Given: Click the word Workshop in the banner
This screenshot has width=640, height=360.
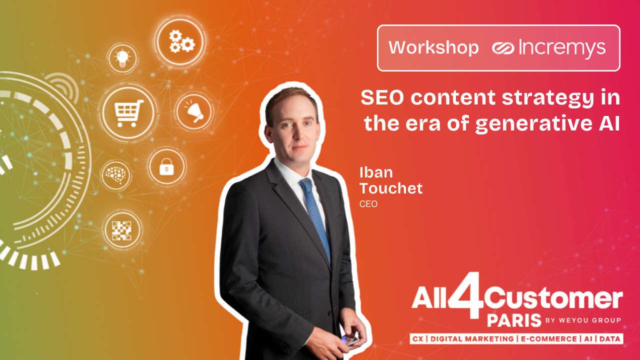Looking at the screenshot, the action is pyautogui.click(x=433, y=47).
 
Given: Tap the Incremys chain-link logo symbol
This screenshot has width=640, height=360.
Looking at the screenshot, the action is pyautogui.click(x=503, y=47).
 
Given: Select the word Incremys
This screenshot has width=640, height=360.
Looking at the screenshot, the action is pyautogui.click(x=562, y=47).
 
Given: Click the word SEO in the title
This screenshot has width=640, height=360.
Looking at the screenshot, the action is pyautogui.click(x=382, y=97).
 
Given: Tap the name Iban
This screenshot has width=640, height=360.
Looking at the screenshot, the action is pyautogui.click(x=376, y=172).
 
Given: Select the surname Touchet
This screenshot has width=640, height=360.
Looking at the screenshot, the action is pyautogui.click(x=391, y=188).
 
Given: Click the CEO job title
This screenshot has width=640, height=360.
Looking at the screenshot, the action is pyautogui.click(x=368, y=204).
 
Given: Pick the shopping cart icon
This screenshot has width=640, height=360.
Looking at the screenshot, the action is pyautogui.click(x=128, y=113).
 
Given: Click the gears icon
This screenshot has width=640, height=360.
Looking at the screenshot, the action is pyautogui.click(x=181, y=41).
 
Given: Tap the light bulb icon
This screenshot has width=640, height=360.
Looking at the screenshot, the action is pyautogui.click(x=122, y=58).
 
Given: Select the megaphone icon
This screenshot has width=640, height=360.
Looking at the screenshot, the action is pyautogui.click(x=194, y=111).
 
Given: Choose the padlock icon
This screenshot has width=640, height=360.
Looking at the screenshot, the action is pyautogui.click(x=166, y=166).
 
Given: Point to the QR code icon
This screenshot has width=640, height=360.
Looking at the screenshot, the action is pyautogui.click(x=121, y=230).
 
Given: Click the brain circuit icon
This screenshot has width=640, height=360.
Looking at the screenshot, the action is pyautogui.click(x=115, y=175).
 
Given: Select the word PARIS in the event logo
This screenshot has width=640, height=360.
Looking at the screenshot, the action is pyautogui.click(x=514, y=320).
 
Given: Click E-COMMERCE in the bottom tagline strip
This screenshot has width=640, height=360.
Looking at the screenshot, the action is pyautogui.click(x=549, y=339).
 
